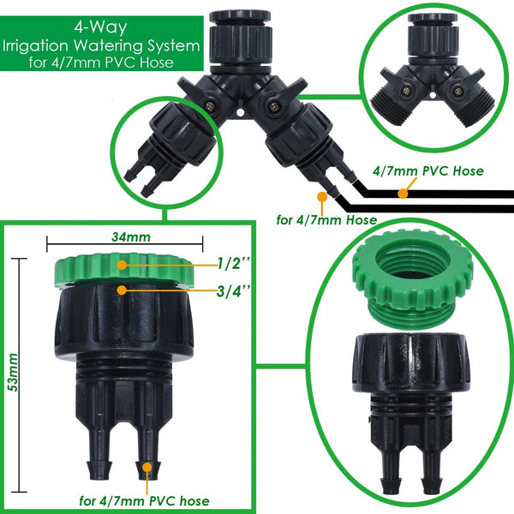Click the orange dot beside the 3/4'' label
pos(123,290)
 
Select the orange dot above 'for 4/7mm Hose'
pos(321,198)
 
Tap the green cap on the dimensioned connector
pos(127,270)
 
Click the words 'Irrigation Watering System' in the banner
pos(101,44)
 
